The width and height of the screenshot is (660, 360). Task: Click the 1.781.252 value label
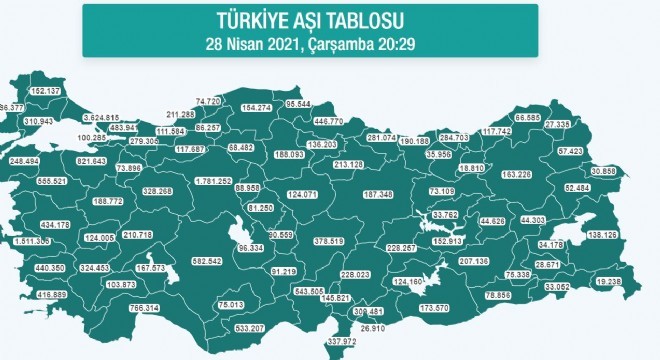pos(213,181)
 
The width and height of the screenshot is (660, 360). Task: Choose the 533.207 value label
pos(249,328)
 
